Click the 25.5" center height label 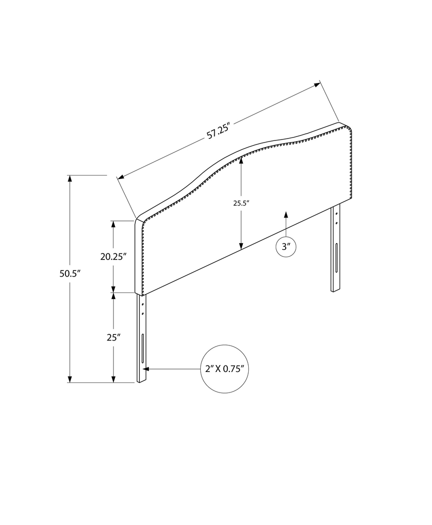[x=241, y=203]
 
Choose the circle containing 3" [x=286, y=246]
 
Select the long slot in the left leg [x=143, y=348]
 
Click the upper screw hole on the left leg [x=143, y=304]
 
